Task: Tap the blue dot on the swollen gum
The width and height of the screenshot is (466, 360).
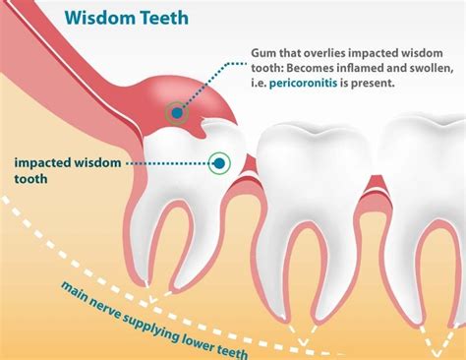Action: coord(176,113)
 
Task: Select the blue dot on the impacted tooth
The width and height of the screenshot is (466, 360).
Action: coord(219,162)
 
